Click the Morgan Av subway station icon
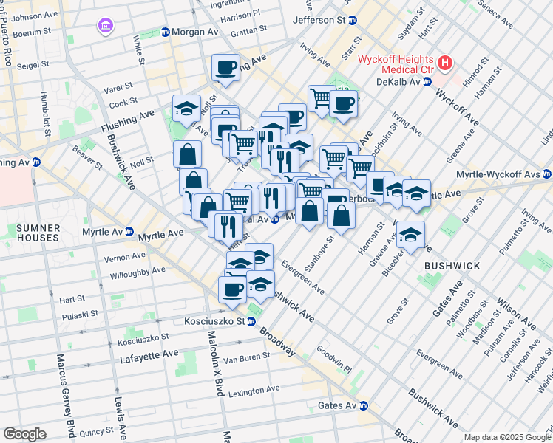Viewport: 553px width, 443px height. coord(165,32)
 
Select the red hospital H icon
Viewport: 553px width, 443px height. coord(444,63)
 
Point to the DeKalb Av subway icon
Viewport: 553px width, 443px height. coord(427,82)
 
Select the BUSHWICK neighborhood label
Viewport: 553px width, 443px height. coord(452,265)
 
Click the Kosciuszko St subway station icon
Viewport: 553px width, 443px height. coord(251,322)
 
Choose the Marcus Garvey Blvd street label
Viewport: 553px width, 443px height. coord(62,395)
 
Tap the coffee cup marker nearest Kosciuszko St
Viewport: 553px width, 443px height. coord(232,289)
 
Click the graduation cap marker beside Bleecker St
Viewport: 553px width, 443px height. coord(410,235)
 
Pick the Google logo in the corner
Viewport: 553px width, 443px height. coord(24,433)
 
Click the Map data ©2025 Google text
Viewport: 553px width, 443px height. coord(506,437)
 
